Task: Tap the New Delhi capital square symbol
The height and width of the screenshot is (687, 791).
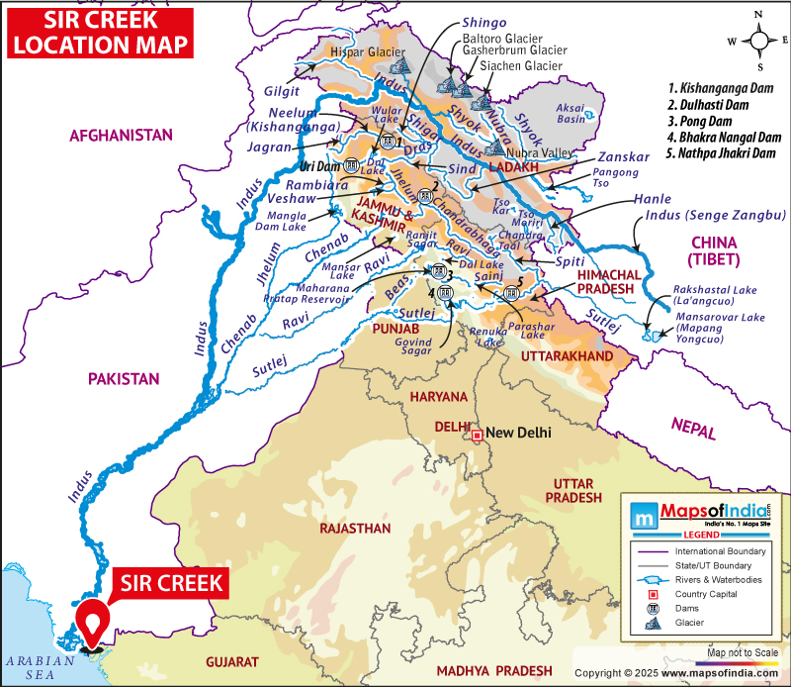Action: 477,435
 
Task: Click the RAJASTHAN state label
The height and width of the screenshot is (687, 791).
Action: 354,529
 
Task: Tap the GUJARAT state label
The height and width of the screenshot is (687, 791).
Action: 231,660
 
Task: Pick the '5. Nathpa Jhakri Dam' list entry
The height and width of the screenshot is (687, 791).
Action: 722,154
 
